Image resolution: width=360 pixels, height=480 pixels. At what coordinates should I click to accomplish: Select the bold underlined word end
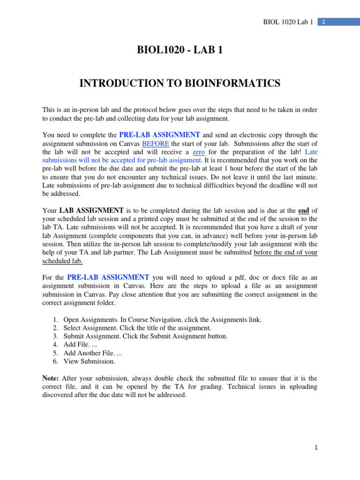point(303,210)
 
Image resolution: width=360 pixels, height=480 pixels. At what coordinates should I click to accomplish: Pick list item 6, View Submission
point(89,361)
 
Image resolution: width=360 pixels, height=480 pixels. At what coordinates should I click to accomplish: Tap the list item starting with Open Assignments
point(162,320)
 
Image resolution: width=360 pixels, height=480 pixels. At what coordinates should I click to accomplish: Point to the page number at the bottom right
point(316,448)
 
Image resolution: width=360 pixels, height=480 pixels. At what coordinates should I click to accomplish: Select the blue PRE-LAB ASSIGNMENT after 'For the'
point(108,277)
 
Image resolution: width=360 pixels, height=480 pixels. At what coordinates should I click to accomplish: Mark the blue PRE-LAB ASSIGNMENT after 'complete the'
point(160,135)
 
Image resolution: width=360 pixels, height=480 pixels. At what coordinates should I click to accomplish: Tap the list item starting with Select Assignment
point(137,328)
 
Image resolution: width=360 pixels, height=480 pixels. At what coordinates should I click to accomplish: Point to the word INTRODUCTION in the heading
point(123,83)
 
